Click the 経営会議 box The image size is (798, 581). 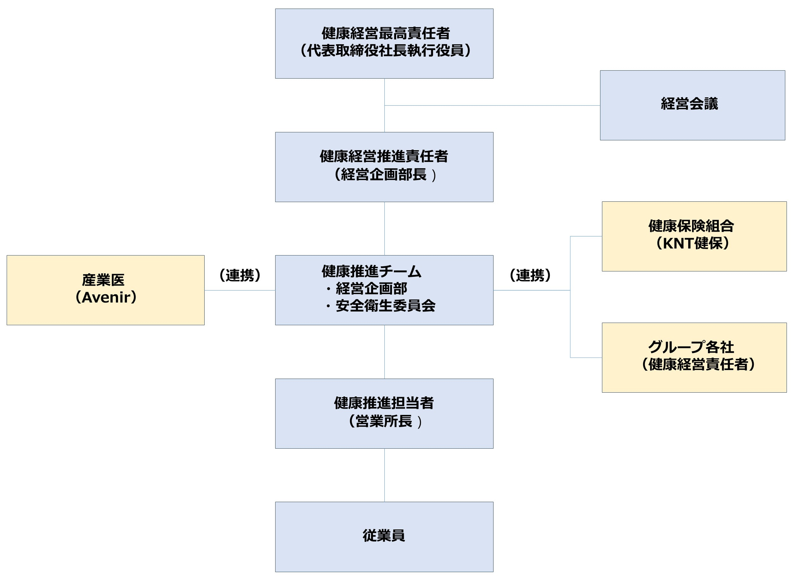692,105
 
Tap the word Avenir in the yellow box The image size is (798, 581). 106,297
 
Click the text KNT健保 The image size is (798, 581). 692,243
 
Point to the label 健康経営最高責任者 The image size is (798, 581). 386,33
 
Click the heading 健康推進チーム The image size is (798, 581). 372,271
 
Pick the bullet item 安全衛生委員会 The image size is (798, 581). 386,305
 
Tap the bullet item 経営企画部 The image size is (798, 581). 372,289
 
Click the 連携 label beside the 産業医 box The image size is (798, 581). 240,275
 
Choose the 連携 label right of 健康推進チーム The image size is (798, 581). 530,275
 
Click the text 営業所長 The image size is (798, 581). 383,421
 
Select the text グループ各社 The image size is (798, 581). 691,347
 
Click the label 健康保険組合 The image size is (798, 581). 691,226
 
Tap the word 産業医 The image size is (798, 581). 103,280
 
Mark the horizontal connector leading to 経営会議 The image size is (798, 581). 492,105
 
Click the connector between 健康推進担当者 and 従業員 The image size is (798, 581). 385,475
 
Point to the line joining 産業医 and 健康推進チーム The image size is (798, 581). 240,290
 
